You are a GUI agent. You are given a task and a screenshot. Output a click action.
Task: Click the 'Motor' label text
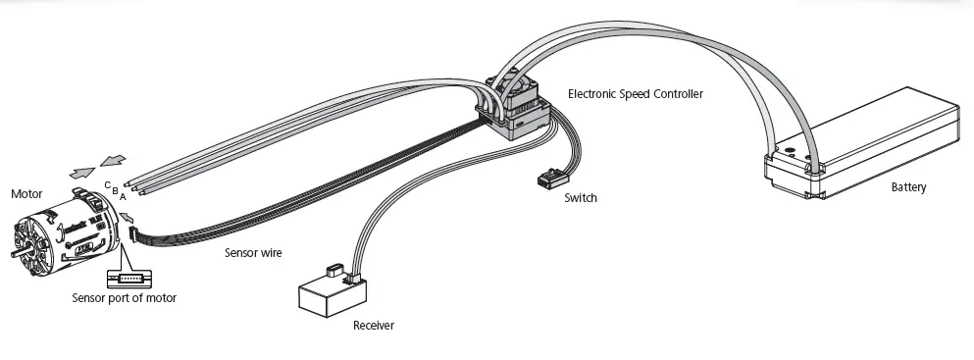coord(26,193)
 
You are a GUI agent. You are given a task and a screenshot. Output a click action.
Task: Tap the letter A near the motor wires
coord(123,196)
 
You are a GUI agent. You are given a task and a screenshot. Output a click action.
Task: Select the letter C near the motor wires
coord(107,183)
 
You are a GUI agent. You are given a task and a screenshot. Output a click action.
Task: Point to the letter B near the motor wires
coord(115,189)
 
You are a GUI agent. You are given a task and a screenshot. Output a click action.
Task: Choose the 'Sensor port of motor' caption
coord(125,297)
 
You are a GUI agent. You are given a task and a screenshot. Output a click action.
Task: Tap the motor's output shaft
coord(14,255)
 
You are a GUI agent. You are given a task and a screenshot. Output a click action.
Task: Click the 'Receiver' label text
coord(373,325)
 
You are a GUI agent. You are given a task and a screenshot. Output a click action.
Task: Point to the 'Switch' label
coord(581,198)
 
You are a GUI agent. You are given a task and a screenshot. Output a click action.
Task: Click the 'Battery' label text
coord(908,187)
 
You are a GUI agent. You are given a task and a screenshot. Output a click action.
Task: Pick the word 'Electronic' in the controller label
coord(594,94)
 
